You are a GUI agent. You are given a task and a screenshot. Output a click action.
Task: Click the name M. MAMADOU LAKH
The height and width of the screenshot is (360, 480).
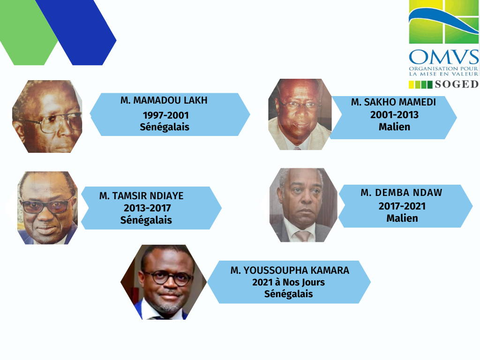164,100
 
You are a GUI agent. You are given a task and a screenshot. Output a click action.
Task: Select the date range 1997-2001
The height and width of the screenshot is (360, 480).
165,115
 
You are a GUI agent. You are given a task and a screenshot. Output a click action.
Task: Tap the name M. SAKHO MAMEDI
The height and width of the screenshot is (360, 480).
393,102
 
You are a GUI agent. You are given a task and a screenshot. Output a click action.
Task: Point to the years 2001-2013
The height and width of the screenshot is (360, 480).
394,115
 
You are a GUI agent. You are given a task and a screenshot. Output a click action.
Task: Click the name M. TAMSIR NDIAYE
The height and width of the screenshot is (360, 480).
142,195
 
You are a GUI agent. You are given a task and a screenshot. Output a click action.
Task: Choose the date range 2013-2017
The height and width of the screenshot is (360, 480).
147,208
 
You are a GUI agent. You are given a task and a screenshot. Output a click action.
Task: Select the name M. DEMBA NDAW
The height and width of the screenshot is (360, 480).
401,193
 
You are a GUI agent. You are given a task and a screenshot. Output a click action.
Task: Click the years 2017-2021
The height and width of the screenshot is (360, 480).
402,206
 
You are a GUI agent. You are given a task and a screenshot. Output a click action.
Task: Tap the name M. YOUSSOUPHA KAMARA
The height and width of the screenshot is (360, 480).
290,270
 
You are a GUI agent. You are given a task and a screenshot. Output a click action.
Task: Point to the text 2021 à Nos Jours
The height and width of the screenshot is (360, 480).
288,282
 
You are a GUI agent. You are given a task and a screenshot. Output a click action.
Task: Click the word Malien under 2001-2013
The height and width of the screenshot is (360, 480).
394,127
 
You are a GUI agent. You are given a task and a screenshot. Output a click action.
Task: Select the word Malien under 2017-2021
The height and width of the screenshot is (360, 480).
402,218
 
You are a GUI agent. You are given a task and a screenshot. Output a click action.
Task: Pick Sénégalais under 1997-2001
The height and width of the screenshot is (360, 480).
165,127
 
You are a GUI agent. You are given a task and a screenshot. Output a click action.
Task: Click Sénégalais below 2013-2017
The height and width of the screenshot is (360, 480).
146,220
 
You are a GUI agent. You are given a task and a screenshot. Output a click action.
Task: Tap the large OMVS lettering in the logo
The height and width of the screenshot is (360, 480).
444,57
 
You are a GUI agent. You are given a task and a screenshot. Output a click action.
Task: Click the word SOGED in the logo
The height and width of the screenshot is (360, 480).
457,84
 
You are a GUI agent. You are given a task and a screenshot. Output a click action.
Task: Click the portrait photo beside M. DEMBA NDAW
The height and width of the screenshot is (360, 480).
303,205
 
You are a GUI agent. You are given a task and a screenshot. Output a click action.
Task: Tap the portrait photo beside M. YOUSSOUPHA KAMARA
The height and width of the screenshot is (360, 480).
164,282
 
